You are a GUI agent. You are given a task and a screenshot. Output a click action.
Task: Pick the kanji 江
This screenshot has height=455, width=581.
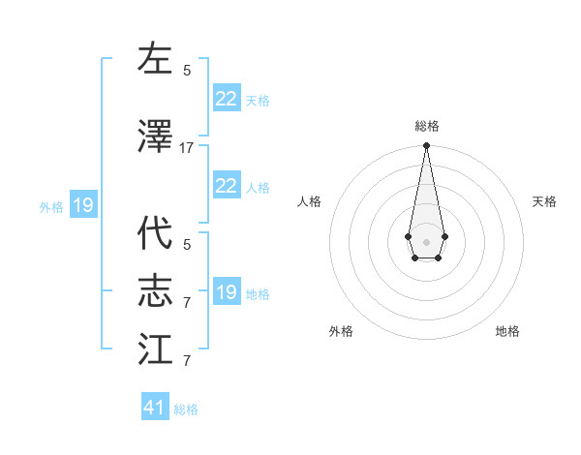click(x=155, y=349)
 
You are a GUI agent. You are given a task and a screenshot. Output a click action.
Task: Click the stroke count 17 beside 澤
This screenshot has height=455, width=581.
click(x=187, y=148)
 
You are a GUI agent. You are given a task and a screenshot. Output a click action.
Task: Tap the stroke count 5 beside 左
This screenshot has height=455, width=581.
click(x=187, y=70)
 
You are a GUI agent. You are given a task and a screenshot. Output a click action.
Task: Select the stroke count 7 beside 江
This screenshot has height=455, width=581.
click(x=187, y=361)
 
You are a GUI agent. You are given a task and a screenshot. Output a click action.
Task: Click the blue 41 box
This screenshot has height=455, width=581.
click(x=155, y=408)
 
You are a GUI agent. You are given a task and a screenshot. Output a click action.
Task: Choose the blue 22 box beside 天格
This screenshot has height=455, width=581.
click(x=227, y=99)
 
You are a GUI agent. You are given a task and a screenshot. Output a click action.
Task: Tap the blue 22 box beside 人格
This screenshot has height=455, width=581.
click(x=227, y=186)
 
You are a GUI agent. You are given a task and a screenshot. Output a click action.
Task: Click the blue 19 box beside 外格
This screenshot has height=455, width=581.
click(x=83, y=205)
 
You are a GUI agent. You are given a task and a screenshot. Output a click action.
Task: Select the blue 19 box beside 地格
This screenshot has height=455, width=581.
click(x=227, y=292)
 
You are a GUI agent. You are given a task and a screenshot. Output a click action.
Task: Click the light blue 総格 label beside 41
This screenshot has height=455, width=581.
click(x=186, y=409)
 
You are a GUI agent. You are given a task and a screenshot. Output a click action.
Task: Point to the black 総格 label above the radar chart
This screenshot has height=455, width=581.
click(x=426, y=126)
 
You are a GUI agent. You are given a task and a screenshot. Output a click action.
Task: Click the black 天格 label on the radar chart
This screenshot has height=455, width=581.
click(x=544, y=201)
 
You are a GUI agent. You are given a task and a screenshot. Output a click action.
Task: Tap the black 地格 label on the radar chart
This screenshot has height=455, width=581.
click(x=507, y=331)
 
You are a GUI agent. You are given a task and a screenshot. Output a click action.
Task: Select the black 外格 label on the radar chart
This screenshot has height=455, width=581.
click(x=341, y=331)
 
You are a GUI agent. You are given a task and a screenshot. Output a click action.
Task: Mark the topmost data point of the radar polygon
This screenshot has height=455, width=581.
click(x=426, y=146)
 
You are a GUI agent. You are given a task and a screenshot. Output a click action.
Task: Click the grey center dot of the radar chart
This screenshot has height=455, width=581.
click(x=426, y=240)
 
